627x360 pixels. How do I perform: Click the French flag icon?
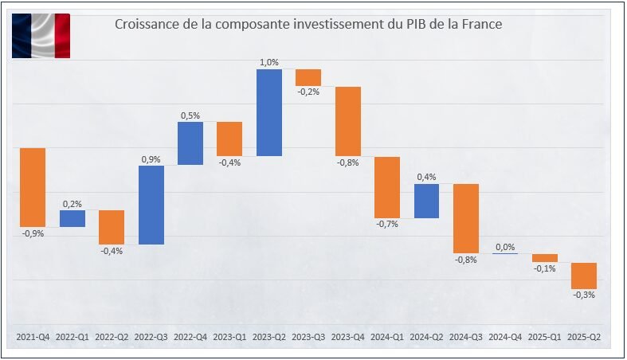[x=41, y=37]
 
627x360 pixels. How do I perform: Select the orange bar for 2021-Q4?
[x=33, y=187]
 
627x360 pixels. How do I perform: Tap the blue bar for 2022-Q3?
[x=151, y=205]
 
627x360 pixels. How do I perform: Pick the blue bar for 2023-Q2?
[x=269, y=112]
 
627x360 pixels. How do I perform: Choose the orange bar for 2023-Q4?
[x=347, y=121]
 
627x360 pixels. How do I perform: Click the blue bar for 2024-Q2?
[x=426, y=201]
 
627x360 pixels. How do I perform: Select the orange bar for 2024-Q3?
[x=465, y=218]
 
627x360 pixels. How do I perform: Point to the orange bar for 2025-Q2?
[x=584, y=276]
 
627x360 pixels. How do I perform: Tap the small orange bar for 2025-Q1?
[x=545, y=257]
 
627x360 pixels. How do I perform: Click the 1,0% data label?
[x=269, y=62]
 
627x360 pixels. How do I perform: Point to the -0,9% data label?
[x=33, y=233]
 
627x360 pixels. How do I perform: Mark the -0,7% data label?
[x=387, y=225]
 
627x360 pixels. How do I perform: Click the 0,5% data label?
[x=190, y=115]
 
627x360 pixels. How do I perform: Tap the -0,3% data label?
[x=584, y=295]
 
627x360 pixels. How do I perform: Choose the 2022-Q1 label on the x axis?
[x=72, y=337]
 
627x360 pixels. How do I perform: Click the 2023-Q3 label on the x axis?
[x=308, y=337]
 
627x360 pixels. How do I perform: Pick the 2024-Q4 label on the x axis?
[x=505, y=337]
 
